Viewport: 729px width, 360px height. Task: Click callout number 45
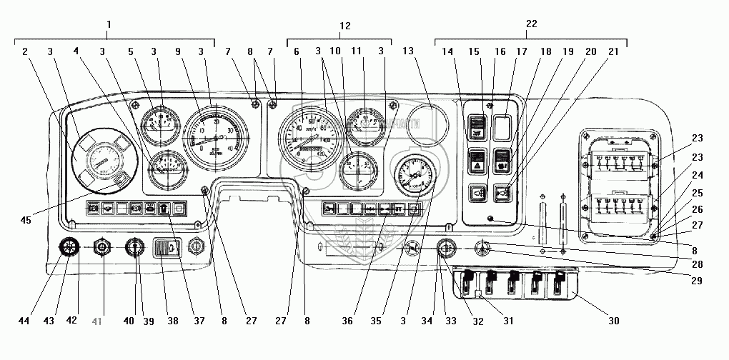pos(26,220)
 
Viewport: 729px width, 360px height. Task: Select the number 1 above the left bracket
pos(109,24)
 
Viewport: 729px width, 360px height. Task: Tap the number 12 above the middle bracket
pos(345,25)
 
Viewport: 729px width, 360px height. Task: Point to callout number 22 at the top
pos(531,24)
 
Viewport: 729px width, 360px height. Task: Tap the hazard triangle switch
pos(477,161)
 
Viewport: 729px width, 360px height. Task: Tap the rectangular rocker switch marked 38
pos(167,249)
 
